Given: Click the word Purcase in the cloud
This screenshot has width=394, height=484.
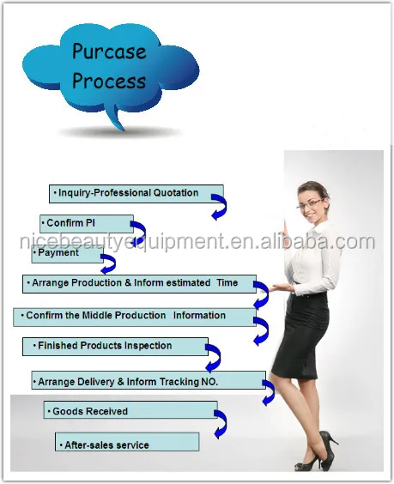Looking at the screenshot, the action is tap(109, 51).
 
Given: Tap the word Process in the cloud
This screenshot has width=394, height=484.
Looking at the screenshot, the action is tap(109, 81).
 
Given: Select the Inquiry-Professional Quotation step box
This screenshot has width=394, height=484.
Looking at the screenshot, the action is tap(136, 194).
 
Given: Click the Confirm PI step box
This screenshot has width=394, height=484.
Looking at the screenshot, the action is tap(87, 224).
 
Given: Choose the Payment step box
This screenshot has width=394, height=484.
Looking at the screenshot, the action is tap(67, 254).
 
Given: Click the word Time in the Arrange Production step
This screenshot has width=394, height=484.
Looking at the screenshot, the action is tap(227, 282).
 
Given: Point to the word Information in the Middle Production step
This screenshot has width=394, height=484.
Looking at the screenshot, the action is tap(199, 316).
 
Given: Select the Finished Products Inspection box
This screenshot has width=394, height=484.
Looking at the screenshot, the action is tap(115, 347).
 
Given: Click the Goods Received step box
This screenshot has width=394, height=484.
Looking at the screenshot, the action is tap(130, 410).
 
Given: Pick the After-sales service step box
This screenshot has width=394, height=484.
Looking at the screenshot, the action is tap(127, 442).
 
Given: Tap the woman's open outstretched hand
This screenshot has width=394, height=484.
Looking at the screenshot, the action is tap(281, 288).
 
